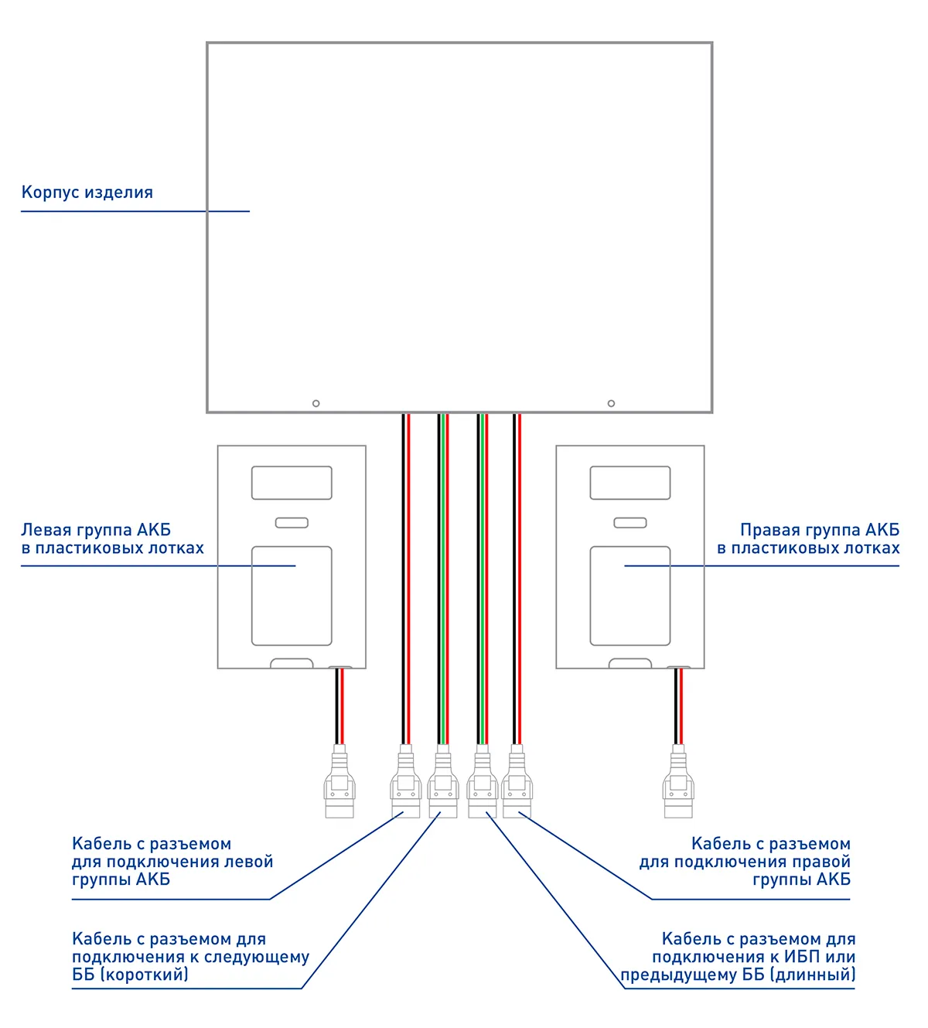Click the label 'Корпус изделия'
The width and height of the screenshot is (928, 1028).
87,193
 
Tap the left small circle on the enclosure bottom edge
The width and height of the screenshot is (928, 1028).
316,403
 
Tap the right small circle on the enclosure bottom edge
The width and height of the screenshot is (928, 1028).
611,403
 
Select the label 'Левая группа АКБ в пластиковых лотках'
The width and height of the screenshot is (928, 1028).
112,539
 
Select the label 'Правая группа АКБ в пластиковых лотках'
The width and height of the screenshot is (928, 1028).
808,539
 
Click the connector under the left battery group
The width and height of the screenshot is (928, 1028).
339,783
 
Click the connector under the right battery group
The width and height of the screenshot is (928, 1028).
678,783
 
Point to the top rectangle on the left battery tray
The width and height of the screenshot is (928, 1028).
292,483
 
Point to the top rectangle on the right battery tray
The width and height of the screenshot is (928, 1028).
630,483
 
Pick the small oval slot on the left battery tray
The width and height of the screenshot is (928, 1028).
292,523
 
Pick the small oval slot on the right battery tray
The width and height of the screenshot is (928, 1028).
630,523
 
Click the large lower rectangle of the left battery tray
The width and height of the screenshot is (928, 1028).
292,596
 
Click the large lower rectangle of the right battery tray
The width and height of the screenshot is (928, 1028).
630,596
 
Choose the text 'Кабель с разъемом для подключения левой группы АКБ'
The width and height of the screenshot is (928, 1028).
172,862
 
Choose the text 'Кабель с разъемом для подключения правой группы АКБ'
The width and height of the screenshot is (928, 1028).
745,862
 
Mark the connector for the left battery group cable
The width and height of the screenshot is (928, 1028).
405,783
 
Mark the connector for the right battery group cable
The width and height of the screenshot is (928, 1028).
517,783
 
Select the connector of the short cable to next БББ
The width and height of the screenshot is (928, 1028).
442,783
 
